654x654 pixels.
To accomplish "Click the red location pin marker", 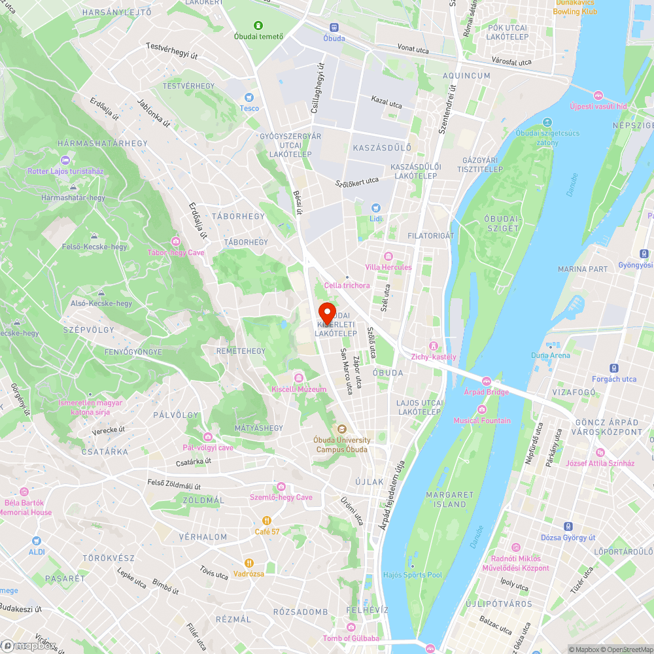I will tap(326, 311).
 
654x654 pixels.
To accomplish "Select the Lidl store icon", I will tap(375, 207).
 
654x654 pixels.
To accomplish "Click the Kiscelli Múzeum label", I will tap(299, 389).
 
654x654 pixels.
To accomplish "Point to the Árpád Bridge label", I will tap(486, 392).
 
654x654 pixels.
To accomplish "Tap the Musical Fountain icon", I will tap(482, 409).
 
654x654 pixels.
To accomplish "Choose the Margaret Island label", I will tap(450, 499).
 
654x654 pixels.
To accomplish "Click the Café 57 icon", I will tap(267, 521).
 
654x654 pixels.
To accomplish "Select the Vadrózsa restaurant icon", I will tap(249, 562).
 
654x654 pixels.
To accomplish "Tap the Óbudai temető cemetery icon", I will tap(259, 26).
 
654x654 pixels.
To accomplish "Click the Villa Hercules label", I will tap(388, 267).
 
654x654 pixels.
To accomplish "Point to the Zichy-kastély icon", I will tap(433, 346).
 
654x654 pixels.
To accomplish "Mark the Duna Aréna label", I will tap(550, 355).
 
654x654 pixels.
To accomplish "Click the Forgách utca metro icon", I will tap(614, 368).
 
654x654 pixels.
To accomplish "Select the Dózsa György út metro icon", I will tap(568, 526).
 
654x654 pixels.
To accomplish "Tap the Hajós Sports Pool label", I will tap(413, 575).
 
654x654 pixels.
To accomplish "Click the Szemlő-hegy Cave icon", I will tap(281, 487).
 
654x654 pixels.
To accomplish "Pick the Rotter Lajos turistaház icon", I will tap(65, 160).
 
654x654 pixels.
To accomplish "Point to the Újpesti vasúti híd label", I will tap(598, 106).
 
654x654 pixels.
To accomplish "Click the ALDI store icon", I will tap(37, 541).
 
